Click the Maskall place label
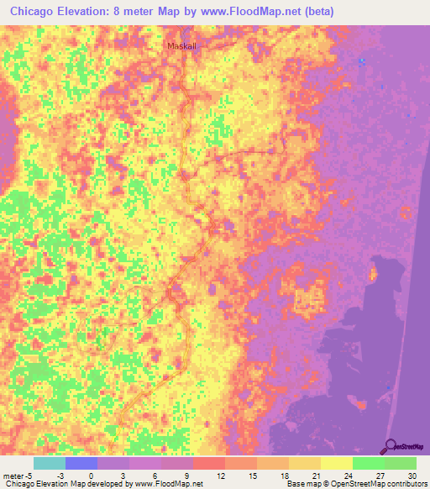click(181, 47)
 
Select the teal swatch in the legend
click(49, 463)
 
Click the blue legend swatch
click(81, 463)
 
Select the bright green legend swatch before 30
click(368, 463)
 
